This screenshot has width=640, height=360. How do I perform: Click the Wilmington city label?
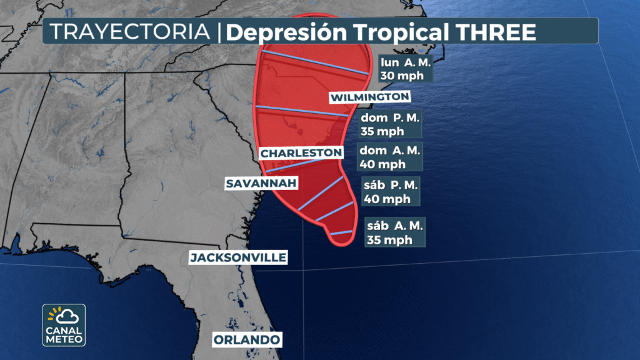[x=370, y=97]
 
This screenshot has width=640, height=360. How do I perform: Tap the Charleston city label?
[x=301, y=152]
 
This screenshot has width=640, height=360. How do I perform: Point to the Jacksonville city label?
[x=238, y=257]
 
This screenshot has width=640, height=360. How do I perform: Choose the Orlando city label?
[x=246, y=340]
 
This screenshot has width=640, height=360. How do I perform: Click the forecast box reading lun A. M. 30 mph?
[x=405, y=69]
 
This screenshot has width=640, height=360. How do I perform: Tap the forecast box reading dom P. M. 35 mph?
[x=391, y=124]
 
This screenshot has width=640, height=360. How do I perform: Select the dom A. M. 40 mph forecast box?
[x=391, y=157]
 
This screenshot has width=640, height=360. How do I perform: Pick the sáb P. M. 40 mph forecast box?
[x=391, y=192]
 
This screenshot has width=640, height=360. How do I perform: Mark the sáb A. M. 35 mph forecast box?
[x=395, y=232]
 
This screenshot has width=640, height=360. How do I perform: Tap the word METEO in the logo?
[x=64, y=340]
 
